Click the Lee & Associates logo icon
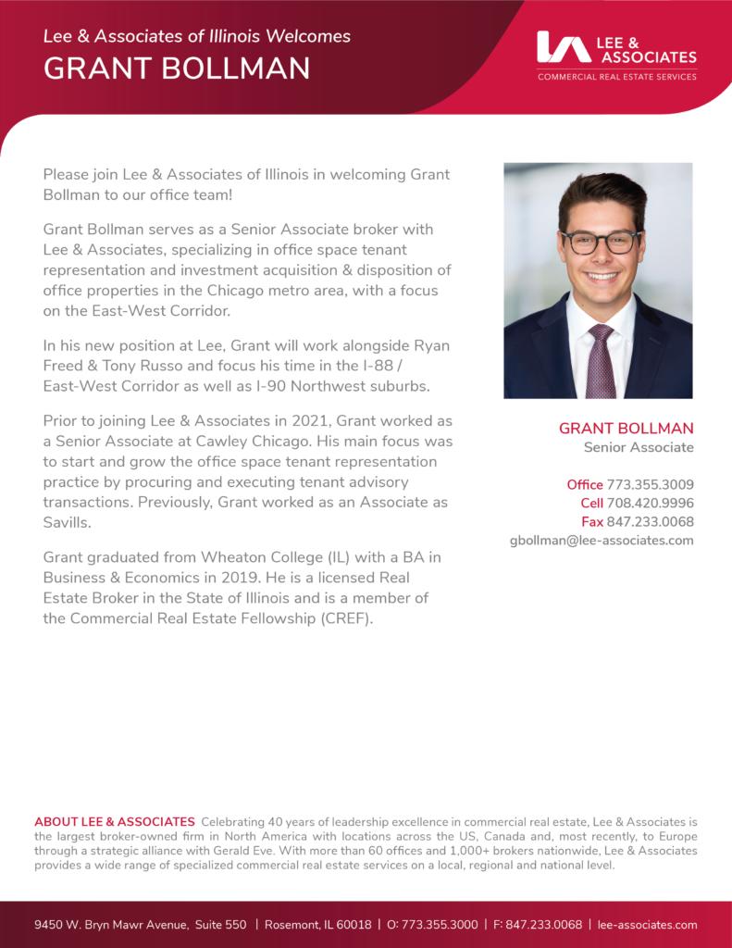[564, 47]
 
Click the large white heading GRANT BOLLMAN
[177, 69]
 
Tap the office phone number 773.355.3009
[650, 484]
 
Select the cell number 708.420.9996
[650, 503]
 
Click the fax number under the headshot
[650, 521]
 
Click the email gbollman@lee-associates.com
[602, 540]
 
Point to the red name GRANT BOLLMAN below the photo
[626, 429]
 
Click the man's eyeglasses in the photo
[600, 242]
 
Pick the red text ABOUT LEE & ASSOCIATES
[115, 822]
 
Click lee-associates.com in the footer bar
[647, 925]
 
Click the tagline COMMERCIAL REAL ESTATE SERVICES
[616, 77]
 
